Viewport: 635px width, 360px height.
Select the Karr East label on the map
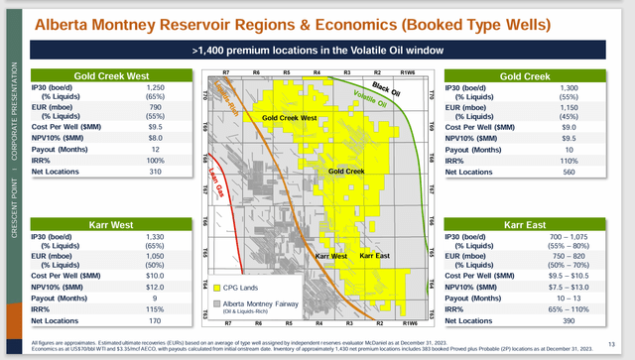[x=373, y=256]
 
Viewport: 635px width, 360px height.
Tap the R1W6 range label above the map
[x=407, y=74]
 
